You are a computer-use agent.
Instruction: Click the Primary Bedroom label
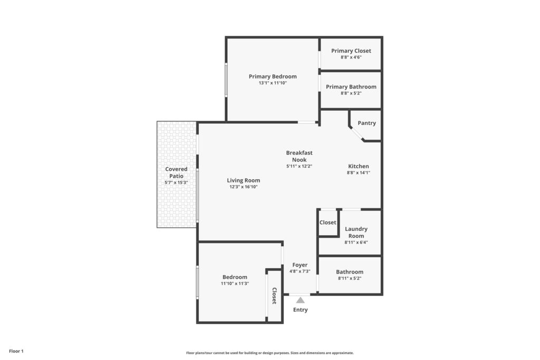273,76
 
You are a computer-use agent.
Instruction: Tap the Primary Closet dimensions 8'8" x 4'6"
351,57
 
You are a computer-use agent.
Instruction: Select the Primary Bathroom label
351,87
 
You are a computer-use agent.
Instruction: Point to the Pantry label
367,123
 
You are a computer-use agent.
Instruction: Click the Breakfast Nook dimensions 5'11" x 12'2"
300,166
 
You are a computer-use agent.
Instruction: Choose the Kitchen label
359,166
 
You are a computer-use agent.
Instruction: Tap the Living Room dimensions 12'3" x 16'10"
244,187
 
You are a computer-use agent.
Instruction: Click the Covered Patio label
176,172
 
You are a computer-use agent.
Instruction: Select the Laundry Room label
356,232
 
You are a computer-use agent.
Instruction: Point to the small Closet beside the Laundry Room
328,222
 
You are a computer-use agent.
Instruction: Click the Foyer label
300,265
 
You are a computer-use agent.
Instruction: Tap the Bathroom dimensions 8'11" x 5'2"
350,278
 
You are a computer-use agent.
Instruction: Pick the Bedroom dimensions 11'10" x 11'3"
235,284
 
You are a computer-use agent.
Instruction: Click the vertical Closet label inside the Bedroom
274,296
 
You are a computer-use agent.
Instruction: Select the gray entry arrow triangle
300,300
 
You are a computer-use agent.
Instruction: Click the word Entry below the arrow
300,310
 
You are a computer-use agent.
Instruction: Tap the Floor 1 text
16,351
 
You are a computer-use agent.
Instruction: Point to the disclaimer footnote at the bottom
270,353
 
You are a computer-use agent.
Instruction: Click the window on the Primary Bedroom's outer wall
226,80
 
